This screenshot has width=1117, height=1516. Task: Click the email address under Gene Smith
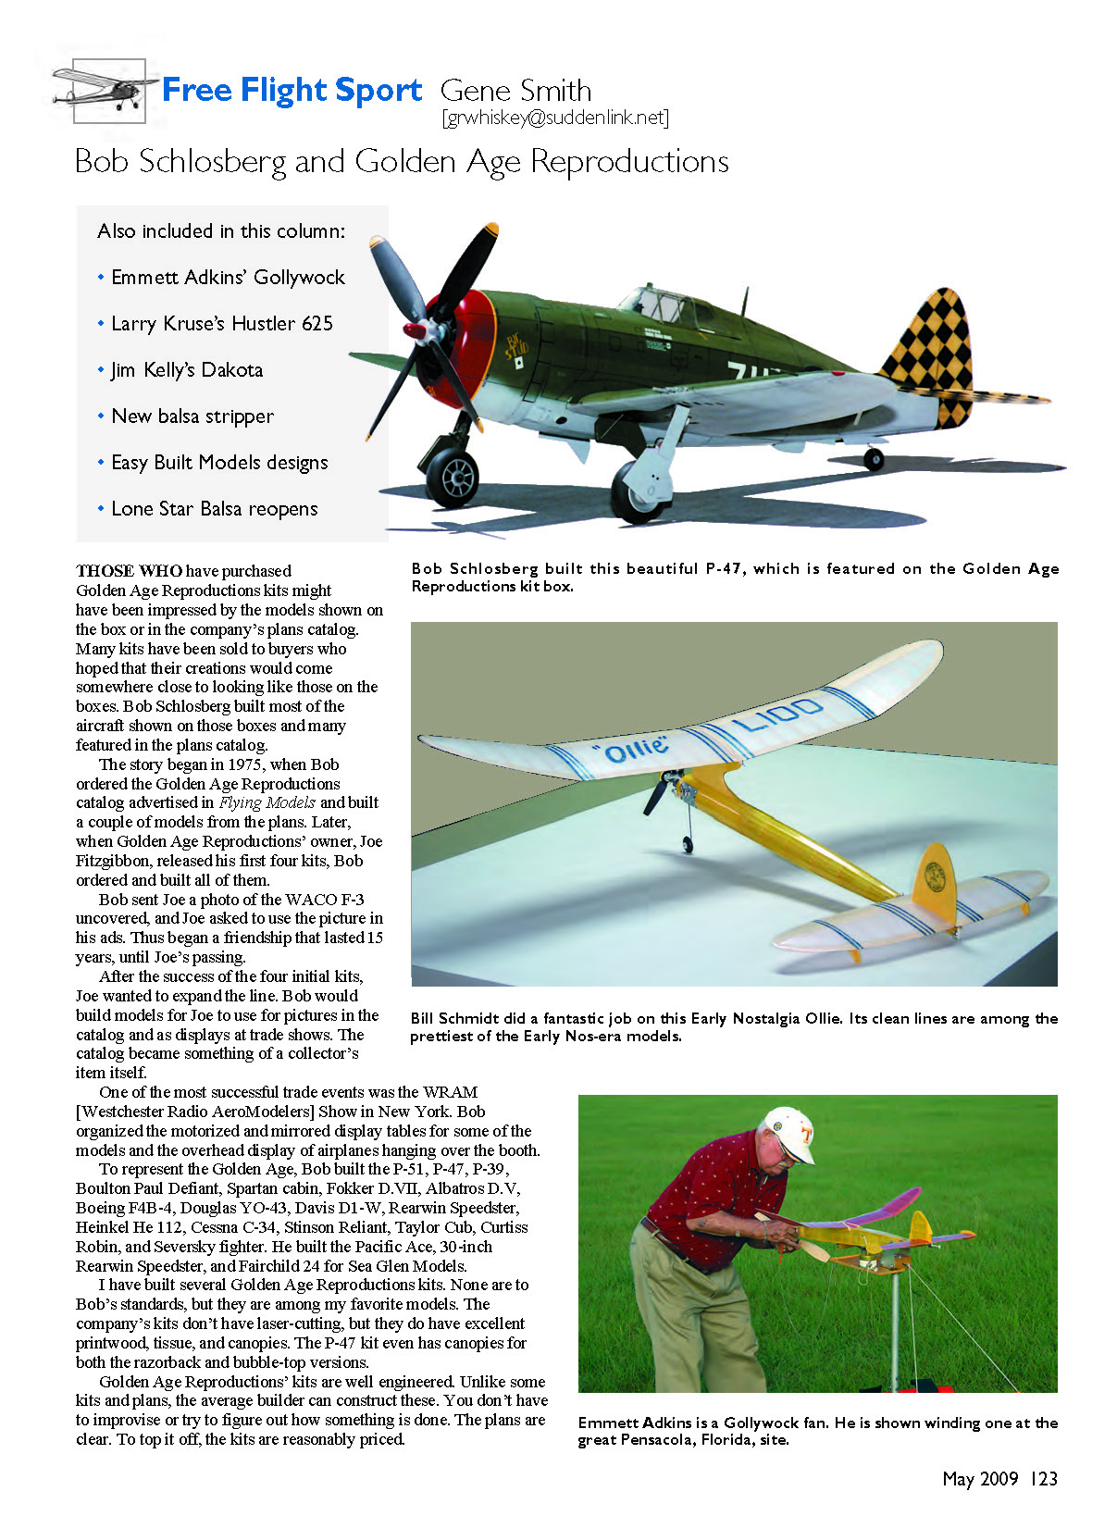tap(555, 118)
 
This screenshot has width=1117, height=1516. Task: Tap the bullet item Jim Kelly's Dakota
tap(187, 370)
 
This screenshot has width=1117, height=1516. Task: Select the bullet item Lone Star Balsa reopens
tap(214, 509)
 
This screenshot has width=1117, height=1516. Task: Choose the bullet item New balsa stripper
tap(192, 416)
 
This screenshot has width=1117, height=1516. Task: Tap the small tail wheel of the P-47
tap(874, 459)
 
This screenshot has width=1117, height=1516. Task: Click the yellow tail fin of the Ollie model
tap(935, 879)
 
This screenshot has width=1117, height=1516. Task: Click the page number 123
tap(1043, 1478)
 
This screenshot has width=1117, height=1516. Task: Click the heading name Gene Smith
tap(515, 91)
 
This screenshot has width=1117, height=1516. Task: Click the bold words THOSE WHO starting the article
tap(129, 571)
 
